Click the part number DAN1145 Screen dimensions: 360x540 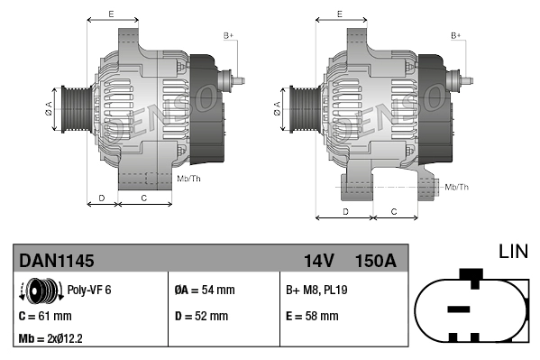[x=56, y=261]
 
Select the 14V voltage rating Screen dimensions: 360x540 [x=318, y=261]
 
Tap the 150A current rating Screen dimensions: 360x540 [x=376, y=261]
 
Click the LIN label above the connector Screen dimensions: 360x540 [x=513, y=252]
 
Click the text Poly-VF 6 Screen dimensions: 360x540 [x=89, y=291]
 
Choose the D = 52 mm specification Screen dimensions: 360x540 [x=200, y=316]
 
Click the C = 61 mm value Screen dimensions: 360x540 [x=45, y=316]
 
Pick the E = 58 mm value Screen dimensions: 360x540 [x=312, y=316]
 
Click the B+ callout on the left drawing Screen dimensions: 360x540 [x=228, y=35]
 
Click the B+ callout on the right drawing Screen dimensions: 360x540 [x=456, y=35]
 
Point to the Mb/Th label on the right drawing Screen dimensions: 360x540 [x=457, y=187]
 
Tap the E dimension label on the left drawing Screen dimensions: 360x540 [x=111, y=14]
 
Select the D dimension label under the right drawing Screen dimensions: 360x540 [x=344, y=211]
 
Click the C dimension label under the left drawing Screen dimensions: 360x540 [x=144, y=197]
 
